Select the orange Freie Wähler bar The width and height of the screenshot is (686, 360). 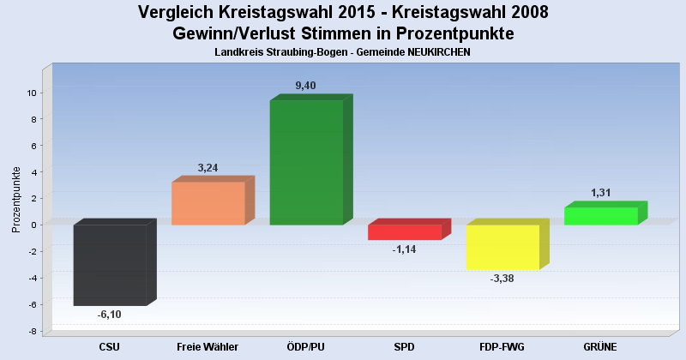pos(208,203)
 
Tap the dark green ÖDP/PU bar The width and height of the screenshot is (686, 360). pos(306,162)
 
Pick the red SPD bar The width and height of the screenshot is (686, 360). pos(404,232)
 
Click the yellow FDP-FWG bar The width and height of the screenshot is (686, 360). pos(502,247)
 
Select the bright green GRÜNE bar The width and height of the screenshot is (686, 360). pos(600,216)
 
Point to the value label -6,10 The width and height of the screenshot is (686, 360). pos(109,315)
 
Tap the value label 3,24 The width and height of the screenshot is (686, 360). pos(208,167)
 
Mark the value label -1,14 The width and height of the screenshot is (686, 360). pos(405,249)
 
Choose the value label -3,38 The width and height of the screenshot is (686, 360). pos(502,279)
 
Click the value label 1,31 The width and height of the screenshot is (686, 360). pos(601,193)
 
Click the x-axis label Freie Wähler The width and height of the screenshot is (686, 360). pos(208,346)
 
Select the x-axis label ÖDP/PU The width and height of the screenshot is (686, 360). pos(306,346)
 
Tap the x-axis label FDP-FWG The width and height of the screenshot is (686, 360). pos(502,346)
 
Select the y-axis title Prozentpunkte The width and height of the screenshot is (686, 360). pos(16,199)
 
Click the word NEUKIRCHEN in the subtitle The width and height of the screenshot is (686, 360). pos(434,52)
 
